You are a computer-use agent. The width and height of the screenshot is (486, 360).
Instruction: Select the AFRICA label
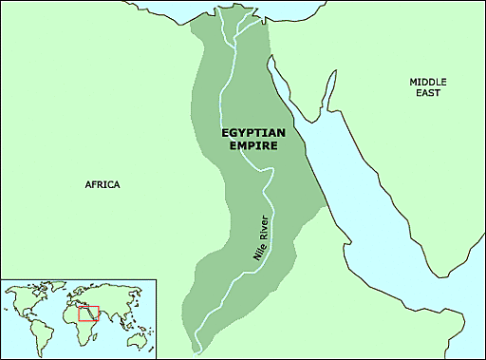click(x=102, y=184)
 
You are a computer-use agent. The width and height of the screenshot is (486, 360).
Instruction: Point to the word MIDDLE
click(x=428, y=82)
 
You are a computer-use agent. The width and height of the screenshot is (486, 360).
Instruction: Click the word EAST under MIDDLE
click(x=428, y=94)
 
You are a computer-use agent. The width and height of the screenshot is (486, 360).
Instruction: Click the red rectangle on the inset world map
click(x=88, y=313)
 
